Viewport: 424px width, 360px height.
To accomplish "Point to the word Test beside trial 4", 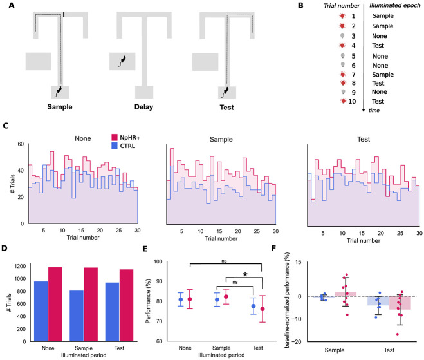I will pos(387,45).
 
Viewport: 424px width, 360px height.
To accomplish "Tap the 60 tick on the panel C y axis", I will pos(20,144).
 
